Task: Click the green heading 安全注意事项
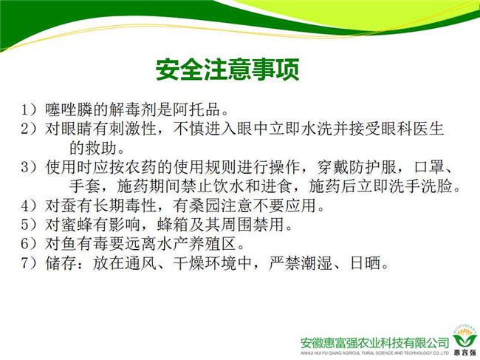point(227,69)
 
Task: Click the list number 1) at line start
point(29,109)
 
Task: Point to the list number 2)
point(29,129)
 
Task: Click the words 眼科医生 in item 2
point(412,129)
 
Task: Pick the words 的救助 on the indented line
point(93,148)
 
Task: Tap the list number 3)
point(29,167)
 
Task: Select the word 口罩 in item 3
point(429,167)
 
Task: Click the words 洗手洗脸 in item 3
point(421,186)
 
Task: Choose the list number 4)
point(29,206)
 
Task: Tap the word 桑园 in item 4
point(205,206)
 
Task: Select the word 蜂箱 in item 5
point(172,225)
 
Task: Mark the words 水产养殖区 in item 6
point(196,244)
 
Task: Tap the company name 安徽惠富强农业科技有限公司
point(374,342)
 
